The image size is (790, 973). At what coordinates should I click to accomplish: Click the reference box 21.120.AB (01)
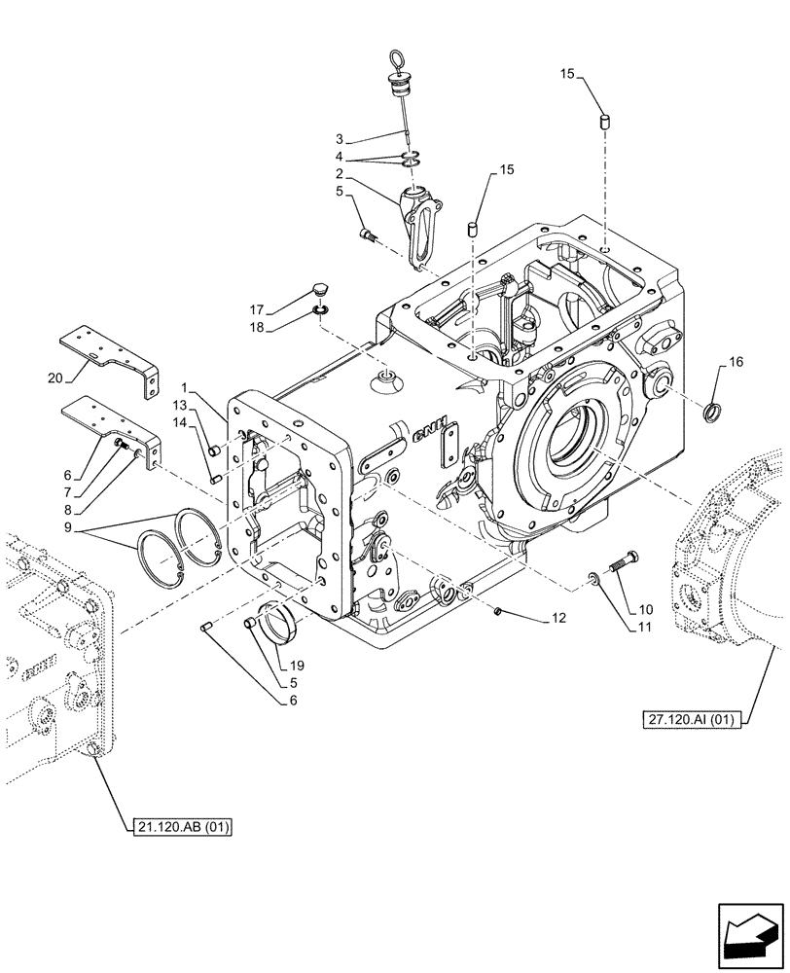(x=185, y=826)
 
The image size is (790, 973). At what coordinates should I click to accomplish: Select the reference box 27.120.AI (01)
(x=692, y=719)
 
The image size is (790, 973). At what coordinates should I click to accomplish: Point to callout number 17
(x=255, y=310)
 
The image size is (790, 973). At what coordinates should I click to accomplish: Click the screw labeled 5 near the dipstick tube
(x=368, y=234)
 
